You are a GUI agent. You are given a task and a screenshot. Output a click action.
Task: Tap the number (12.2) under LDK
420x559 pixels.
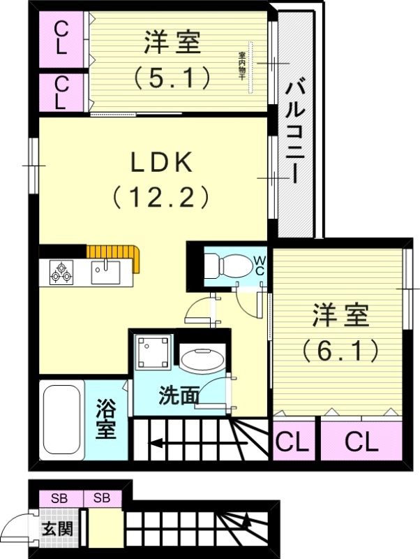161,198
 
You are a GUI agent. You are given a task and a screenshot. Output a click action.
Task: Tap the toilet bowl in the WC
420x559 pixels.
227,266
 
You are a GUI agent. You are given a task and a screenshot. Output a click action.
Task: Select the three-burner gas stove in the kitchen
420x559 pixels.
61,271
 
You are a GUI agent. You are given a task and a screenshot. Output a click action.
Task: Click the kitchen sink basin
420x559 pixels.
105,270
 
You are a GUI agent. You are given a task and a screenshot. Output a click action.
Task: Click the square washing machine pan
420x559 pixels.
153,351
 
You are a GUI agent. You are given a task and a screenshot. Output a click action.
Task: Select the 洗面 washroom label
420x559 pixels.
179,396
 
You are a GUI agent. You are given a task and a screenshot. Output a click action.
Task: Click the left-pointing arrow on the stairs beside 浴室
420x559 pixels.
157,442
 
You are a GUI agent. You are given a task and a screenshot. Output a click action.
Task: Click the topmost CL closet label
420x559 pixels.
61,38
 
